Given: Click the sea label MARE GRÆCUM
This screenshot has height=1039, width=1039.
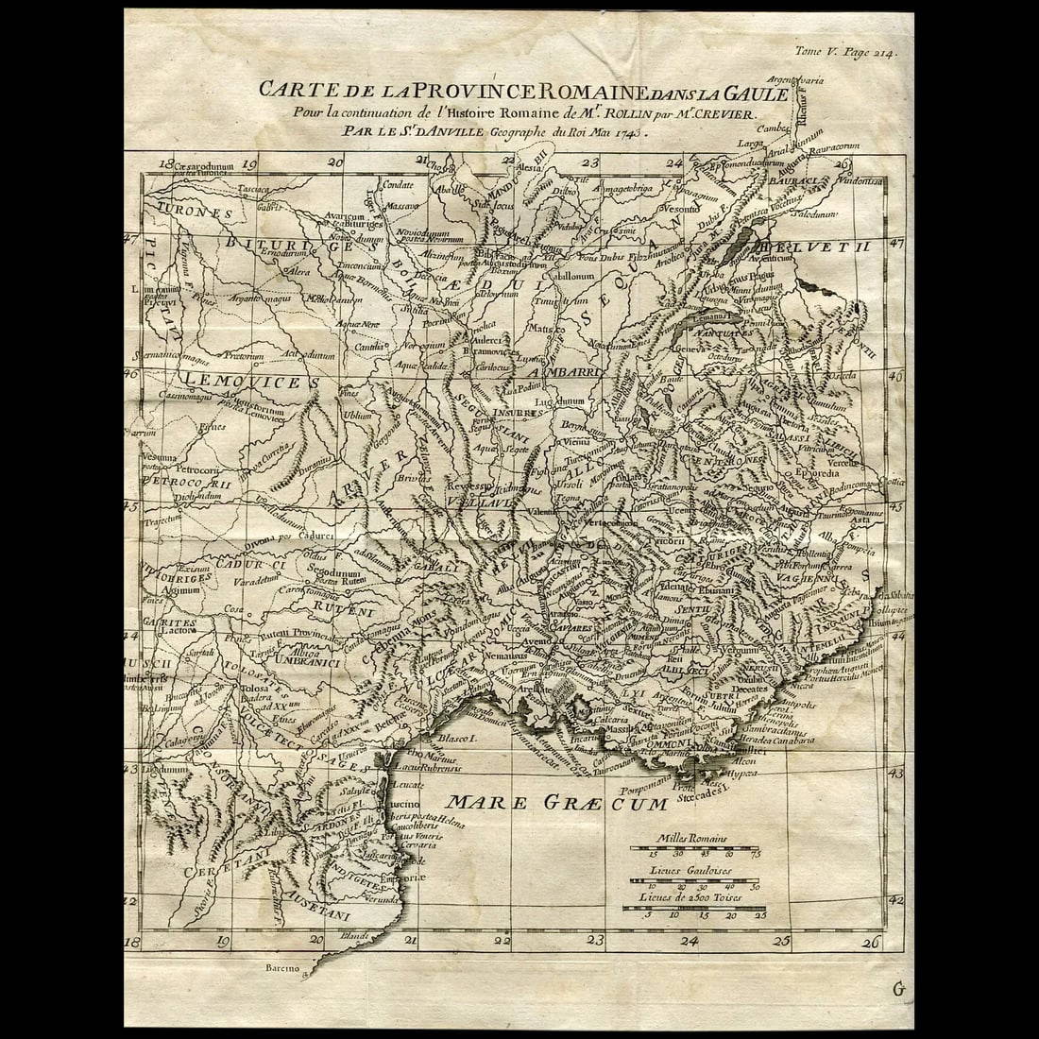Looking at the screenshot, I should [x=556, y=804].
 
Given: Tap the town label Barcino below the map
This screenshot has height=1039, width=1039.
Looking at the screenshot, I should [x=283, y=969].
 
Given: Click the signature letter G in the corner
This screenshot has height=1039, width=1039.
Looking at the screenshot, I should [x=898, y=989].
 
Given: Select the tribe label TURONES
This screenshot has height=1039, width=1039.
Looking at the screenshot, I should [x=195, y=213].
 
